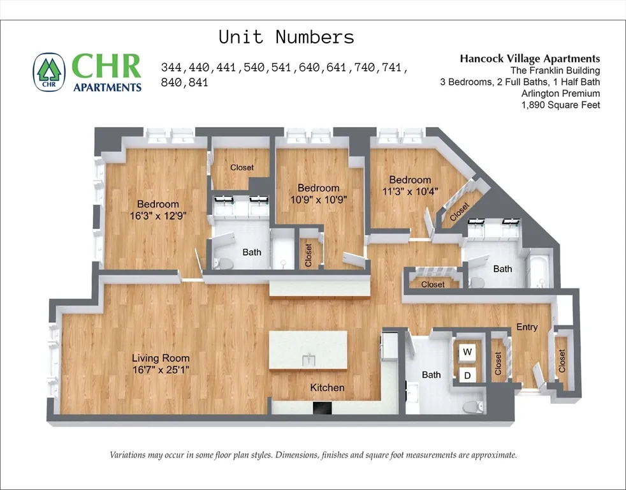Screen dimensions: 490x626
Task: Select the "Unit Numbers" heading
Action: pos(286,36)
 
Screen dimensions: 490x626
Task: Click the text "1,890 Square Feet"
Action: pos(561,105)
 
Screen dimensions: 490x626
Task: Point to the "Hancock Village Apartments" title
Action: pos(530,58)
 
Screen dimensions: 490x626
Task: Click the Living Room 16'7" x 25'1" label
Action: pos(161,364)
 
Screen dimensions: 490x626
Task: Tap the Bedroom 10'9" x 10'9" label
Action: pos(318,193)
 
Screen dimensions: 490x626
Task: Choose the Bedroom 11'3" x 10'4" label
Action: pos(410,185)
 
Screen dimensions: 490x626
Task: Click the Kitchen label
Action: pos(327,387)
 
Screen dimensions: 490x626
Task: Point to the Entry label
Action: pos(527,327)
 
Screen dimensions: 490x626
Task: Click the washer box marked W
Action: pos(467,352)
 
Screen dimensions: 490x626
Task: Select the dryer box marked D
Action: pos(467,376)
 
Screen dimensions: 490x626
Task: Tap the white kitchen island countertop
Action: pos(308,350)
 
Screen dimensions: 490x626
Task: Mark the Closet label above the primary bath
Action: pos(242,167)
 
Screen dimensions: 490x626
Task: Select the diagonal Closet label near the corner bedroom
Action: pos(459,212)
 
